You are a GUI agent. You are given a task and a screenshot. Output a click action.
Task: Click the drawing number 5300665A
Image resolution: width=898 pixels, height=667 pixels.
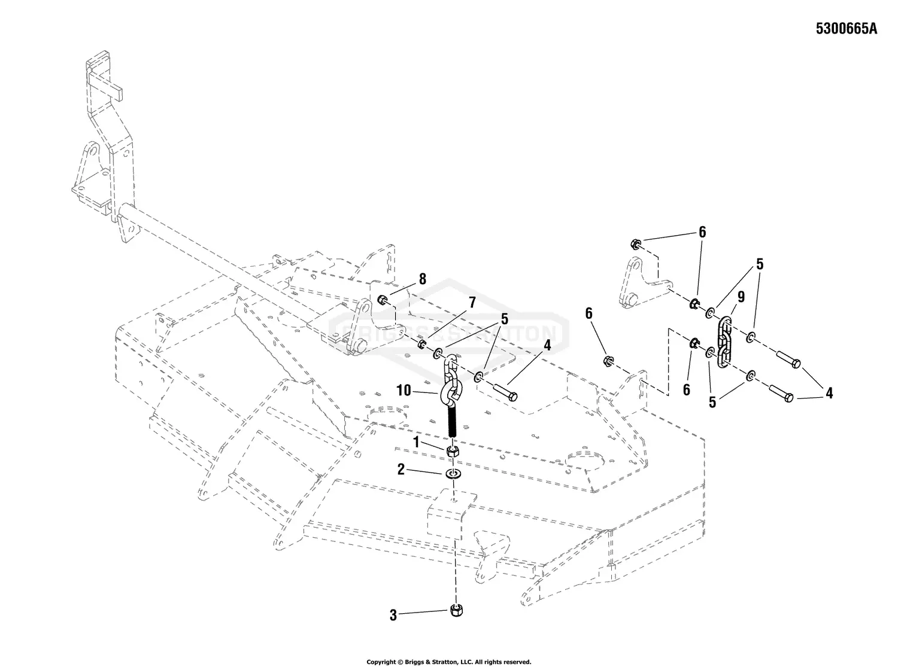pyautogui.click(x=846, y=29)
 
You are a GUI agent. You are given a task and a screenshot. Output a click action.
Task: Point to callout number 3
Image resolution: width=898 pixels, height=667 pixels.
pyautogui.click(x=393, y=615)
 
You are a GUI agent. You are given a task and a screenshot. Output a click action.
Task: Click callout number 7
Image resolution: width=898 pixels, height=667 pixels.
pyautogui.click(x=472, y=301)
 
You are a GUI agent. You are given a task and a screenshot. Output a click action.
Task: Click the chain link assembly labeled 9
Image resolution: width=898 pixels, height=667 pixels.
pyautogui.click(x=725, y=341)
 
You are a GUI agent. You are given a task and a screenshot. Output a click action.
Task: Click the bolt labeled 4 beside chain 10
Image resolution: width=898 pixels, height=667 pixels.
pyautogui.click(x=506, y=392)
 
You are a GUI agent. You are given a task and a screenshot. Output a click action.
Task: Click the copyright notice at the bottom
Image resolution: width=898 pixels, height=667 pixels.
pyautogui.click(x=448, y=662)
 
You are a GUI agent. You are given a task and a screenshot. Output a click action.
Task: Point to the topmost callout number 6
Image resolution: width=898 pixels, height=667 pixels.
pyautogui.click(x=702, y=232)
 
